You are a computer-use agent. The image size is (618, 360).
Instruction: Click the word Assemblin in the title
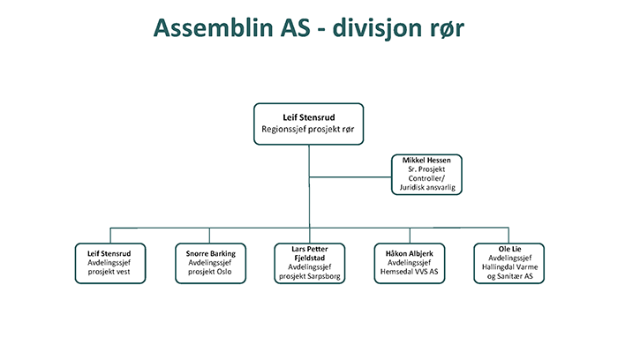coord(213,27)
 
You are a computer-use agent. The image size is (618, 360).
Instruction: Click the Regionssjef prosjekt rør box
coord(309,124)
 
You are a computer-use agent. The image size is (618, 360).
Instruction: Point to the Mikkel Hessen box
coord(426,175)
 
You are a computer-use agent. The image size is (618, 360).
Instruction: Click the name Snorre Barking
coord(211,253)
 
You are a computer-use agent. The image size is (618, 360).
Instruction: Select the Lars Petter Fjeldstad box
coord(310,263)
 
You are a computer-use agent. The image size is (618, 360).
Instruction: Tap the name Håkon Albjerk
coord(410,253)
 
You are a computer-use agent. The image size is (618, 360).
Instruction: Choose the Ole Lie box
coord(509,263)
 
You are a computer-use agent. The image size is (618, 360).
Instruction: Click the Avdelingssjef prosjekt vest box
coord(110,263)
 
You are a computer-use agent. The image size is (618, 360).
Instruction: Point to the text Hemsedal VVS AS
coord(409,272)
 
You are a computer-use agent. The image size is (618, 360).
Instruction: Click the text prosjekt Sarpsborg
coord(310,276)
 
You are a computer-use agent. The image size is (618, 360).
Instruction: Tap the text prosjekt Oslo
coord(210,272)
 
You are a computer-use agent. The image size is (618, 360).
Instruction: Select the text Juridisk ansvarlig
coord(427,187)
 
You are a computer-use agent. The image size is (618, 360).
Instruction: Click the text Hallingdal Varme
coord(509,267)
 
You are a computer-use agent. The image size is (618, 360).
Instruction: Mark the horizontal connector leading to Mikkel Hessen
coord(350,177)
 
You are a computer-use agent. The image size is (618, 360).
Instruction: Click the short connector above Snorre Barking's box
coord(209,236)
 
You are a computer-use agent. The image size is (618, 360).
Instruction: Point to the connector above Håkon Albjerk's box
coord(410,236)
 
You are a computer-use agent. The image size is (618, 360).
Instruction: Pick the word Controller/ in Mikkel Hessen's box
coord(426,178)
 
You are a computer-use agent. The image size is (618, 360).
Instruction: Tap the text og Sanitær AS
coord(510,276)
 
